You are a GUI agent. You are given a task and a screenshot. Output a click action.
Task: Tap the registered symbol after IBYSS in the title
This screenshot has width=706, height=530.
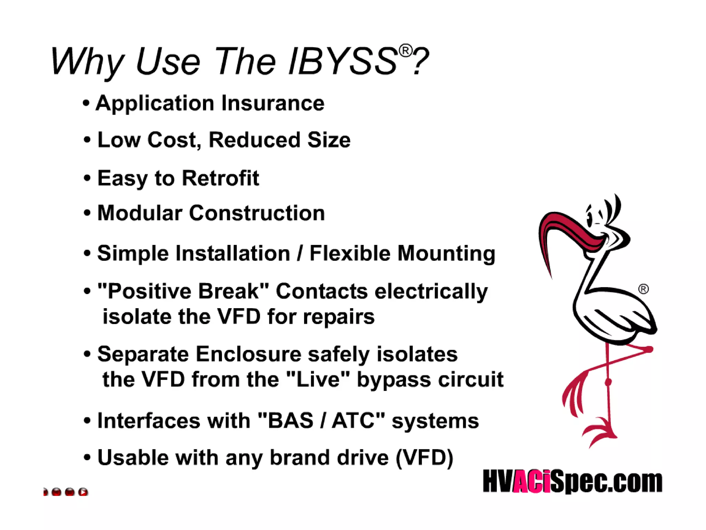coord(405,51)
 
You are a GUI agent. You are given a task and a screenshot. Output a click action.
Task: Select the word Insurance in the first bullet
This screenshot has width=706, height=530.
coord(273,103)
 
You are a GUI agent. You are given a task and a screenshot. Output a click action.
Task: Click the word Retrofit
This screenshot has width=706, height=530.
coord(220,178)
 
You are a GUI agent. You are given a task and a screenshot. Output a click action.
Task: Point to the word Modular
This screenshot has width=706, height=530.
coord(139,213)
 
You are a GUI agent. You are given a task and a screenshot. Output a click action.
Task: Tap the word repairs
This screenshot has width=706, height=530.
coord(339,317)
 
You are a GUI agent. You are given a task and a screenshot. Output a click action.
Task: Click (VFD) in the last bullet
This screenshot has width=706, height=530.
coord(424,458)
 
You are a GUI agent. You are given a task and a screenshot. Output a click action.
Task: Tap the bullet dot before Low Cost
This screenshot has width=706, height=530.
coord(87,140)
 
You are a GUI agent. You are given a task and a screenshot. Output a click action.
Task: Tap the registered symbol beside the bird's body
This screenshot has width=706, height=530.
coord(643,289)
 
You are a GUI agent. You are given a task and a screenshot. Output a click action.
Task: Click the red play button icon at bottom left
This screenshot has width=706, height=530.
coord(83,492)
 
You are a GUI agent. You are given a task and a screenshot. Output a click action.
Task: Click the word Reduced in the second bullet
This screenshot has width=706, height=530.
coord(254,140)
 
